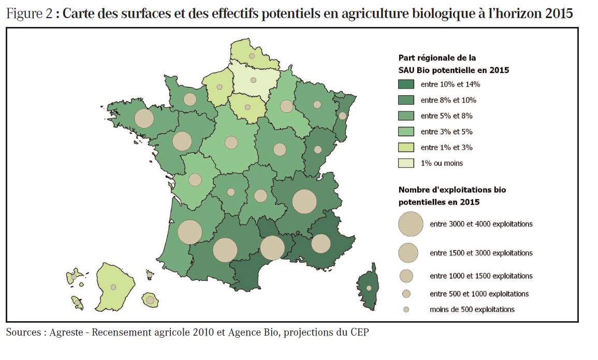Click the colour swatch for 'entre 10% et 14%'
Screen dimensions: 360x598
405,84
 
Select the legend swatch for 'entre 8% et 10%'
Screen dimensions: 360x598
405,100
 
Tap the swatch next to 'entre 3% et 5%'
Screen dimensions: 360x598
405,132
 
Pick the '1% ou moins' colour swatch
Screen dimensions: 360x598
405,163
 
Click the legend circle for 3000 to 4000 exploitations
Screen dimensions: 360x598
411,224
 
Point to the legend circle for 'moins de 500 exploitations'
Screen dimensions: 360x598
406,309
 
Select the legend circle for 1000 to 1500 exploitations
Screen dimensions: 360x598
406,276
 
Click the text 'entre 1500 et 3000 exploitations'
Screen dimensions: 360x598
481,253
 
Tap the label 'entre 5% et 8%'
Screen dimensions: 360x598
446,116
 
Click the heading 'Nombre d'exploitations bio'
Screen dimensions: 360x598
452,190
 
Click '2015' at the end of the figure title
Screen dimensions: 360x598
559,14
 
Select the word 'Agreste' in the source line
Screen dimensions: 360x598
67,332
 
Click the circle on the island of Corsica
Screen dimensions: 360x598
369,288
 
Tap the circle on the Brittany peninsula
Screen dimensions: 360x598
144,119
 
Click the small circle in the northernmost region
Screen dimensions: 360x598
252,55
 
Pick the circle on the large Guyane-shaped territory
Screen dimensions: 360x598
113,286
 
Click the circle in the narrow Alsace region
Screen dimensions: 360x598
342,116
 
